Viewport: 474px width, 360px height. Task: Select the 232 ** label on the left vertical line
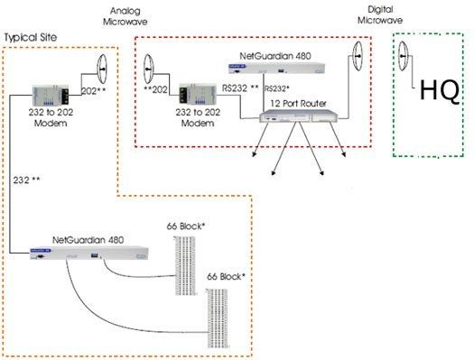click(27, 180)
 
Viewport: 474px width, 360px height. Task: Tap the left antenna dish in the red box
click(149, 65)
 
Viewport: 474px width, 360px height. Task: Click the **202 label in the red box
click(156, 90)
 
